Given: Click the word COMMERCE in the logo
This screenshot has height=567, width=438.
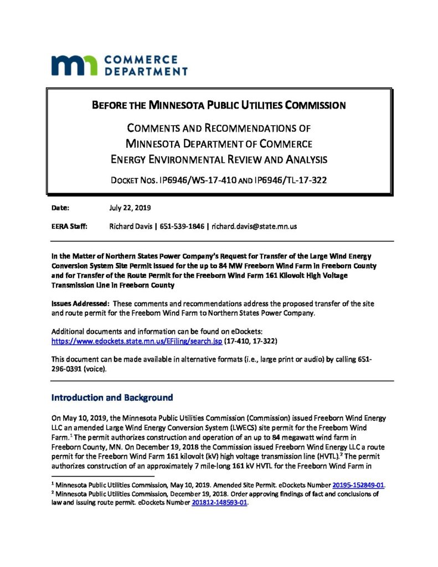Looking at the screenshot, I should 141,59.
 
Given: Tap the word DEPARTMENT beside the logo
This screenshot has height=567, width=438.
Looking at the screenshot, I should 146,71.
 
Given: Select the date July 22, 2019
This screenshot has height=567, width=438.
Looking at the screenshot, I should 130,208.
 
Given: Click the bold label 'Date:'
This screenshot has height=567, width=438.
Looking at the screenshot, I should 60,208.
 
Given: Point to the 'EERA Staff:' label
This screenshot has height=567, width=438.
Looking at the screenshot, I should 69,226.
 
